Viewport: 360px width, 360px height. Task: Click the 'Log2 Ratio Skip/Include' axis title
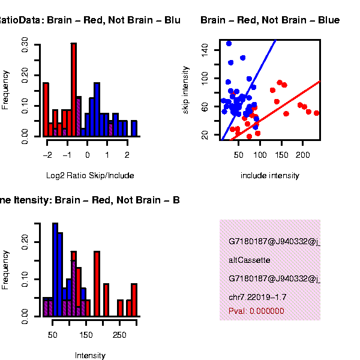click(x=90, y=176)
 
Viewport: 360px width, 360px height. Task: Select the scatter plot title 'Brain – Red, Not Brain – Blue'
click(x=270, y=20)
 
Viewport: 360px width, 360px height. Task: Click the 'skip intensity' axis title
click(x=187, y=88)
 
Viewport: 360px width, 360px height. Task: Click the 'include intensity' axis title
click(x=270, y=176)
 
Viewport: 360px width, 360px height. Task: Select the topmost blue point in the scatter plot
click(x=229, y=43)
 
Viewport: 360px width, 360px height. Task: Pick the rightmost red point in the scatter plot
click(x=316, y=113)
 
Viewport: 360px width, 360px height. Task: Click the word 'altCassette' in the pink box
click(x=250, y=260)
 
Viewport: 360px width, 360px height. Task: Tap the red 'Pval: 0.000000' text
click(x=256, y=311)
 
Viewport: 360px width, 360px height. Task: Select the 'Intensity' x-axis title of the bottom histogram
click(x=90, y=355)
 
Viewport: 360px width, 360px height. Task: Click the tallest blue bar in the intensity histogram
click(x=55, y=270)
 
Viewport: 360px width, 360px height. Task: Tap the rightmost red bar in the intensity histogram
click(x=134, y=300)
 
